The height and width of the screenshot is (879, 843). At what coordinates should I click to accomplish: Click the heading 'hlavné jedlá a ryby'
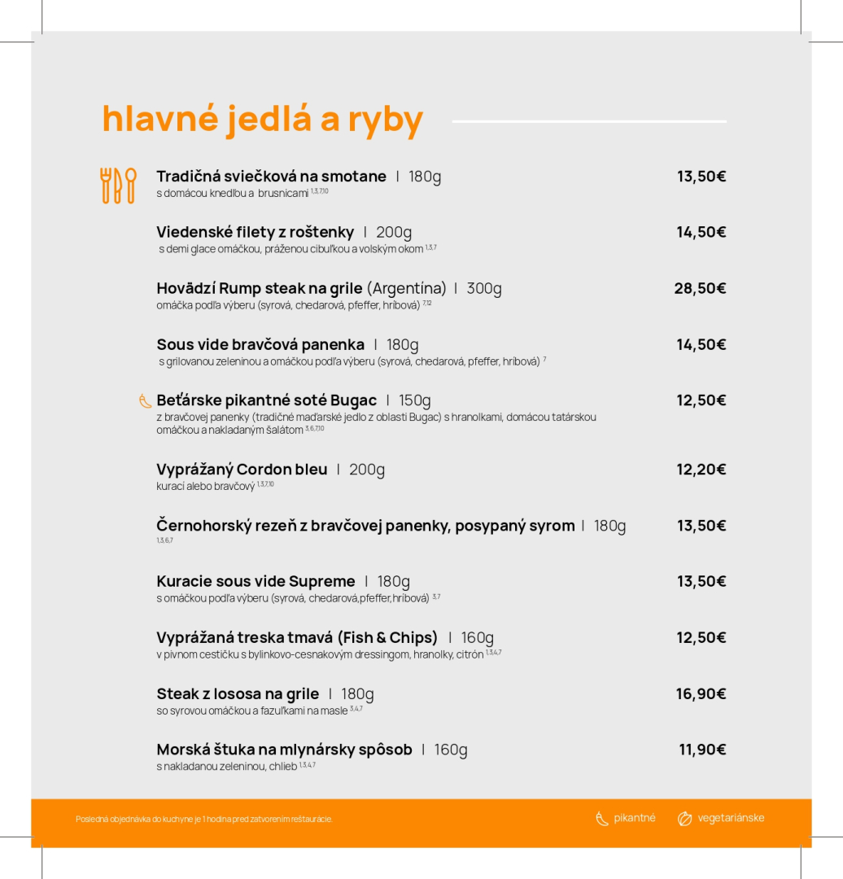[x=262, y=119]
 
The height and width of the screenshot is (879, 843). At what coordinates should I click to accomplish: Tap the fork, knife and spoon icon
[x=118, y=186]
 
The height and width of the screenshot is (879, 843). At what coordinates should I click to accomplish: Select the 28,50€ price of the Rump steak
[x=700, y=288]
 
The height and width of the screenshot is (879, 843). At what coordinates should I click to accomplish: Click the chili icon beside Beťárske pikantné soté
[x=146, y=400]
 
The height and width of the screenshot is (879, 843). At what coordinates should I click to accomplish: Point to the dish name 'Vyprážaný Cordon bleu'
[x=242, y=470]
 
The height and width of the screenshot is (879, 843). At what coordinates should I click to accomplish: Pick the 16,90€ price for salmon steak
[x=701, y=694]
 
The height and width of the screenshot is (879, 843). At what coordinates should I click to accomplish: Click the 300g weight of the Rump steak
[x=484, y=288]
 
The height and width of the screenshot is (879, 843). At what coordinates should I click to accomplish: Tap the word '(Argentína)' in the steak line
[x=407, y=288]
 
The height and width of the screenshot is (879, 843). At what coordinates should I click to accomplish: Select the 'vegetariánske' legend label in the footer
[x=731, y=818]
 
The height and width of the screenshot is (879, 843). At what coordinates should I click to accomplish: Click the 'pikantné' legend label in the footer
[x=635, y=818]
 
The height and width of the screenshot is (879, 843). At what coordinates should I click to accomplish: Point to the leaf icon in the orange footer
[x=685, y=819]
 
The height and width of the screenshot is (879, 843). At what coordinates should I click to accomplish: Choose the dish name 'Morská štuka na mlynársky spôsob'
[x=284, y=750]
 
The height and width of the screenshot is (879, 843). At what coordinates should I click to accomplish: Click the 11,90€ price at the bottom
[x=702, y=750]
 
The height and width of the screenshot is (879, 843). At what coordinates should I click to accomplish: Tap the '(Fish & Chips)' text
[x=387, y=637]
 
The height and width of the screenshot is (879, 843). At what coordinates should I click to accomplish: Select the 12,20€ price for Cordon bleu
[x=701, y=470]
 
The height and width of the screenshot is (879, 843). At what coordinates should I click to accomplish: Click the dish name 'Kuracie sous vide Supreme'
[x=256, y=581]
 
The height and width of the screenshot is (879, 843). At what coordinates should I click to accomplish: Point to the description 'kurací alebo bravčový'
[x=206, y=487]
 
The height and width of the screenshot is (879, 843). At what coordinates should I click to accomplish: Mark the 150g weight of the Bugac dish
[x=415, y=400]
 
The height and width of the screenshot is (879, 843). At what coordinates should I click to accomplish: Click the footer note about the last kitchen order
[x=204, y=819]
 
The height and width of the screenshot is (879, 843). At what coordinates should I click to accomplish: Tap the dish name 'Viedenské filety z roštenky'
[x=255, y=232]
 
